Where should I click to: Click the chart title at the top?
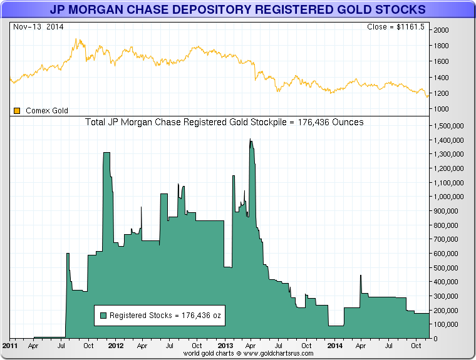click(x=237, y=10)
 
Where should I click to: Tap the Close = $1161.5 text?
click(x=396, y=27)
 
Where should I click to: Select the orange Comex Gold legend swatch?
click(x=18, y=111)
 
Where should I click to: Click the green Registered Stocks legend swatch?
click(x=103, y=316)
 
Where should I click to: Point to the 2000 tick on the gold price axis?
click(x=442, y=30)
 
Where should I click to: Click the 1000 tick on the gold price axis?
click(x=442, y=109)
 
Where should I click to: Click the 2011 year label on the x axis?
click(x=10, y=346)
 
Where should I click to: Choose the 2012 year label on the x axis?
click(x=115, y=346)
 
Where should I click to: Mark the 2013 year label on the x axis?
click(x=225, y=346)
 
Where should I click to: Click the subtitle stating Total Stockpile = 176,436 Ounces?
click(x=224, y=122)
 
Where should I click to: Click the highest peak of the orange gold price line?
click(x=76, y=39)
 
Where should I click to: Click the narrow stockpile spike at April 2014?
click(x=361, y=276)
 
